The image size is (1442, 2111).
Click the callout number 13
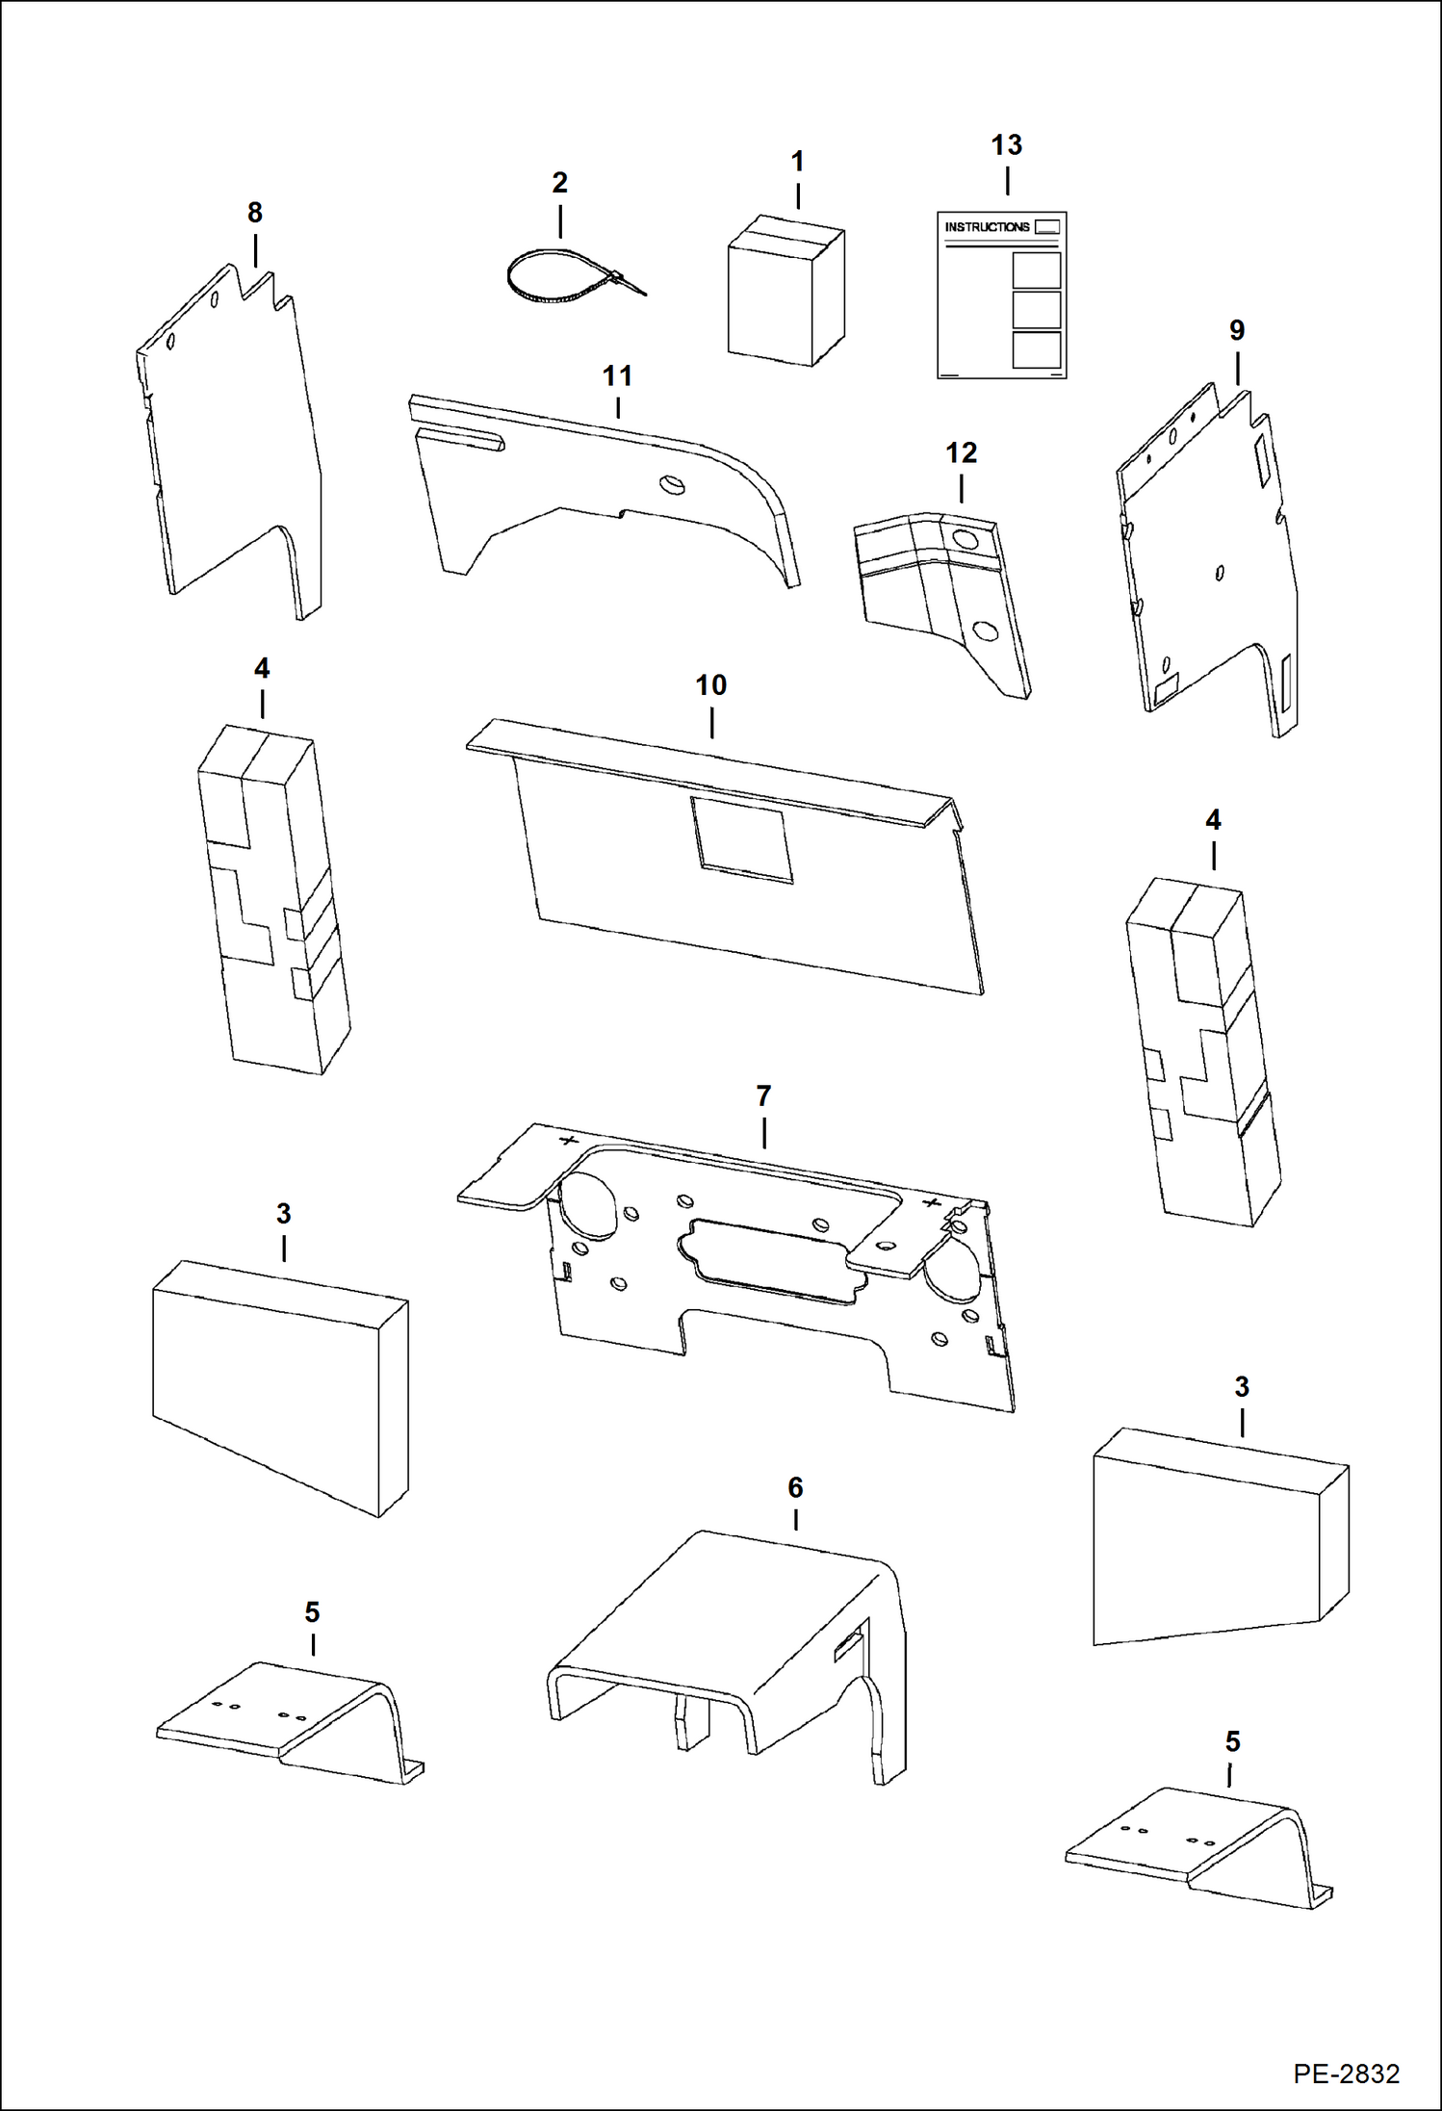pos(1006,145)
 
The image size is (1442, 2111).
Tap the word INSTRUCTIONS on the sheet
pos(987,227)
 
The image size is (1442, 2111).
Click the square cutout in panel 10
pos(741,838)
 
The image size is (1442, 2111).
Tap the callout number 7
pos(763,1096)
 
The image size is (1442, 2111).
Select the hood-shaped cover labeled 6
pos(732,1656)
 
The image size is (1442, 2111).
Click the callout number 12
pos(961,453)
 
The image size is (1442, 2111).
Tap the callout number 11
pos(617,376)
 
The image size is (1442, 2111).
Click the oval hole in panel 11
pos(671,484)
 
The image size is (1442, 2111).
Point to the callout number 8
pos(254,213)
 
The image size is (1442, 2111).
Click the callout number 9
pos(1236,331)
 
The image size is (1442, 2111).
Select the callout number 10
pos(710,686)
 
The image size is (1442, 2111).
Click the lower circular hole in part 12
pos(984,631)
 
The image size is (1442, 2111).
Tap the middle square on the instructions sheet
pos(1037,310)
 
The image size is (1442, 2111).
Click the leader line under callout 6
pos(795,1519)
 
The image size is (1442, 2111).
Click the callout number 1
pos(797,162)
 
